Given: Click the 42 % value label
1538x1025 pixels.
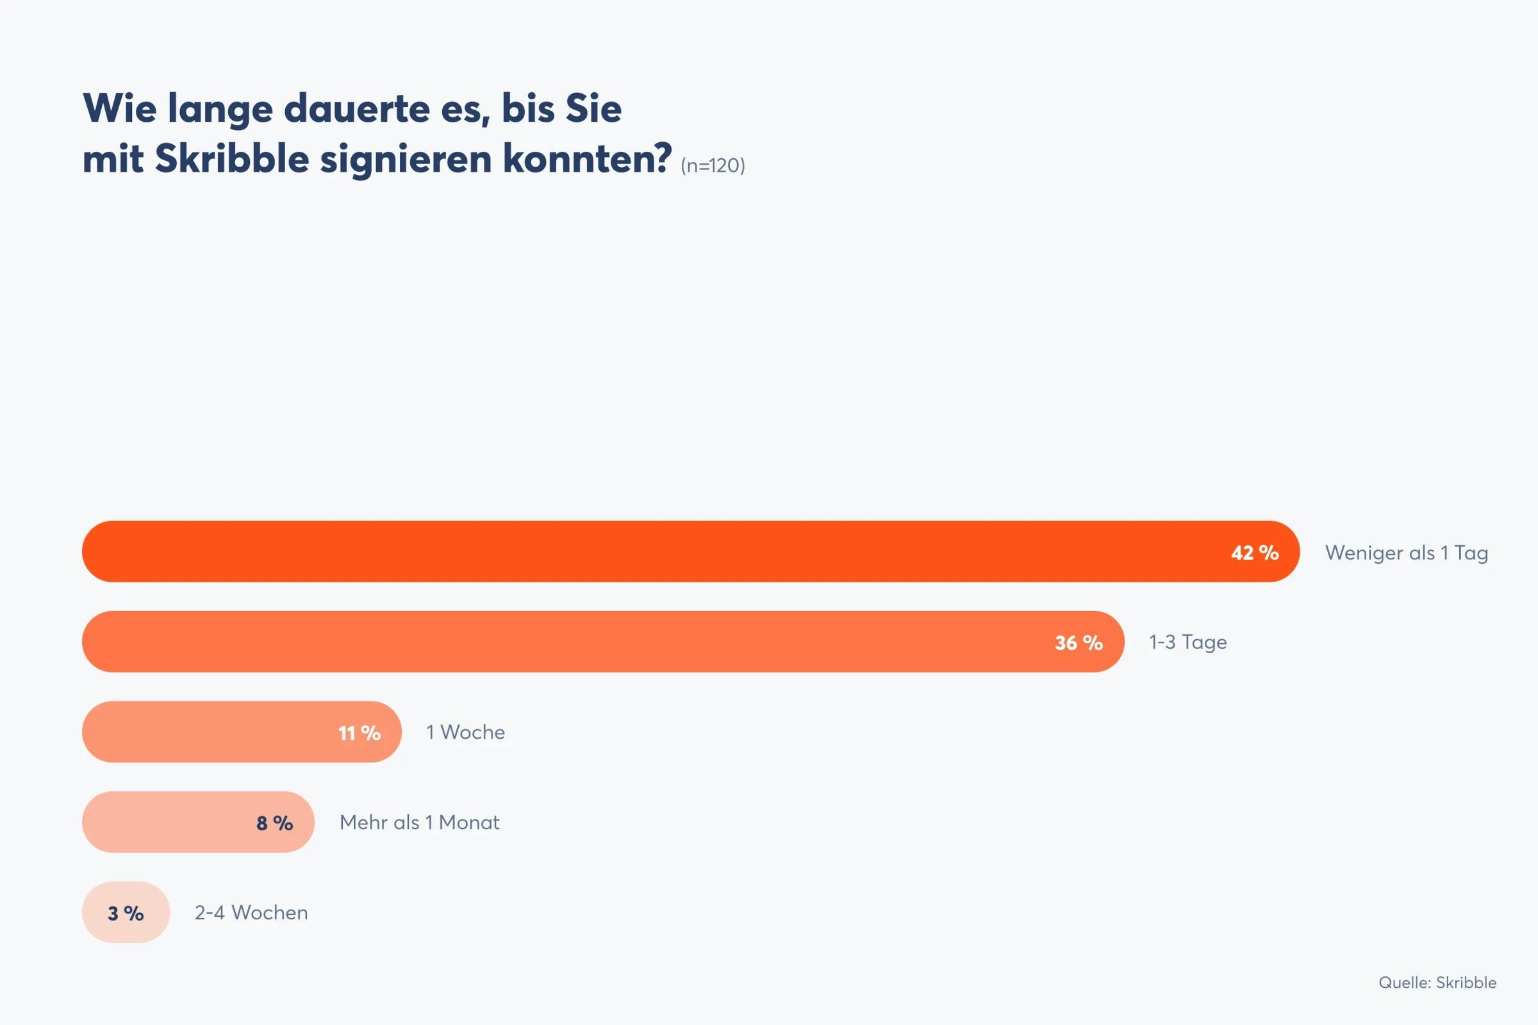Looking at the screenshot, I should click(x=1254, y=553).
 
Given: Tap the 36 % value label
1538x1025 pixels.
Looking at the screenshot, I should click(x=1079, y=643).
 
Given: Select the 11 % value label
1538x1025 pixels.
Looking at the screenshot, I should click(x=359, y=734).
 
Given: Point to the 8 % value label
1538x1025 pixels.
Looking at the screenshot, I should click(x=275, y=823).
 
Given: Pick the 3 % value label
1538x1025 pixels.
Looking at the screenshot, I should click(x=126, y=914).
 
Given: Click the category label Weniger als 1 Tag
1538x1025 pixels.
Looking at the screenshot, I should click(x=1406, y=553).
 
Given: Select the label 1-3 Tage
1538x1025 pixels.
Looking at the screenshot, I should click(x=1187, y=643).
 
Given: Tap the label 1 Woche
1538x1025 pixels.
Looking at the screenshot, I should click(x=465, y=732).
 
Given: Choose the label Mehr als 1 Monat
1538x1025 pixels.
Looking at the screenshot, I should click(x=419, y=823).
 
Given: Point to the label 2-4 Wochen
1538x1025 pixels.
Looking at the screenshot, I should click(x=251, y=912).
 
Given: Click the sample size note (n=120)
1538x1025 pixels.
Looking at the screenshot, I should click(x=712, y=165).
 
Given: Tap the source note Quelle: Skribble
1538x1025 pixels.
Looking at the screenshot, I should click(x=1437, y=983).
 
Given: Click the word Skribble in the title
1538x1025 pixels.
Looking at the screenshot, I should click(x=231, y=159).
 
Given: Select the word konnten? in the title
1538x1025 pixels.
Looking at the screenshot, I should click(x=586, y=159).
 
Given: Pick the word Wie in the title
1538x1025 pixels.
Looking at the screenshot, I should click(x=120, y=108).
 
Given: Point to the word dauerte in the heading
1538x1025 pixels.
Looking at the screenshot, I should click(x=356, y=108).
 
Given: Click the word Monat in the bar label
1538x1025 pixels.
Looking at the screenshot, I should click(x=469, y=823).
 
